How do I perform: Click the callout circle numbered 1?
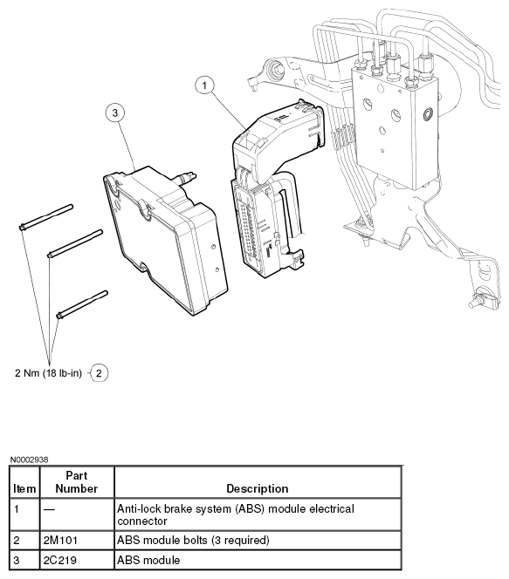tap(204, 85)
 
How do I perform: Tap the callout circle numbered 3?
tap(115, 112)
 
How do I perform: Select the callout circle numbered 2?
tap(99, 373)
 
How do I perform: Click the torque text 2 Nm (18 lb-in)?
tap(48, 373)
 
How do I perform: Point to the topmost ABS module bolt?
tap(46, 217)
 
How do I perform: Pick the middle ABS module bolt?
tap(75, 243)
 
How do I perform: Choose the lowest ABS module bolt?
tap(82, 304)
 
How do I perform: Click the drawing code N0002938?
tap(29, 460)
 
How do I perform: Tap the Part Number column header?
tap(77, 482)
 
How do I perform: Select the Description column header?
tap(258, 488)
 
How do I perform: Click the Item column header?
tap(24, 488)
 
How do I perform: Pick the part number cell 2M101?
tap(60, 541)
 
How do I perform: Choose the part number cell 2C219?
tap(60, 560)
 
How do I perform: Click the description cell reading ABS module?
tap(148, 560)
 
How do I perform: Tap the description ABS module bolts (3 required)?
tap(193, 541)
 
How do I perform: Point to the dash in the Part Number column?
tap(49, 509)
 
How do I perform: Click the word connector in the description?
tap(142, 521)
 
